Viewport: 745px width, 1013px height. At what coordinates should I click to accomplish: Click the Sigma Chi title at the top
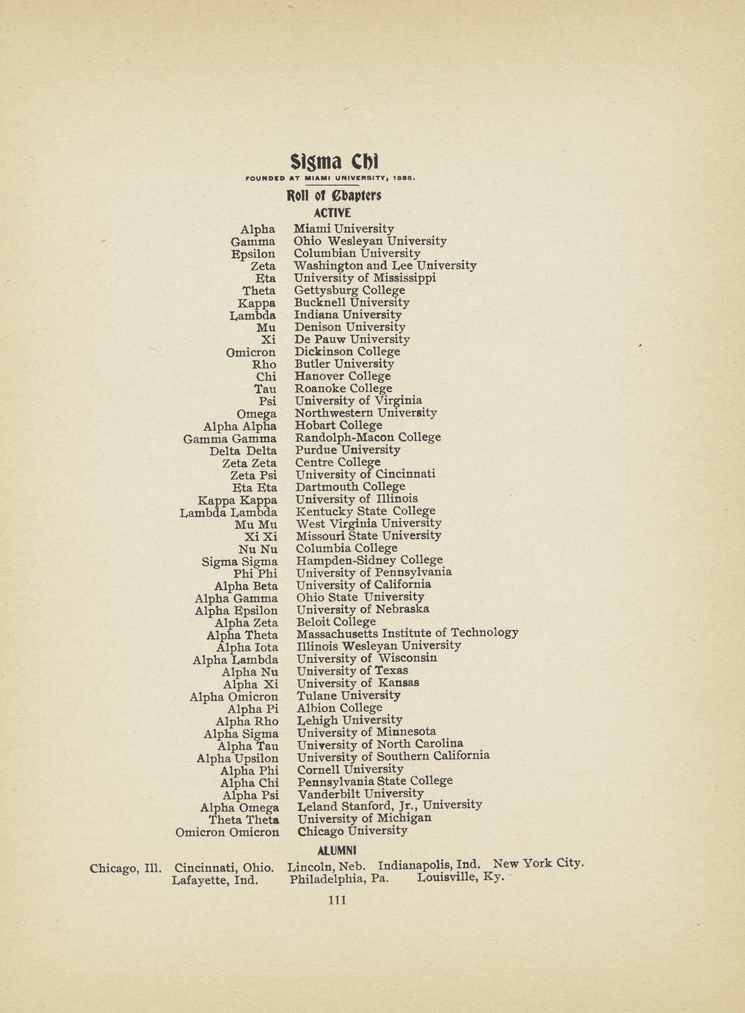(x=333, y=161)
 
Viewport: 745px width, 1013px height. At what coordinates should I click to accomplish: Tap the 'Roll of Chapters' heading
(x=333, y=196)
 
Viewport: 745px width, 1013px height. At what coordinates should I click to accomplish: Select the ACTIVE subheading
(x=333, y=213)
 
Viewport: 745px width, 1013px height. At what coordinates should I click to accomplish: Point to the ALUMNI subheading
(x=336, y=850)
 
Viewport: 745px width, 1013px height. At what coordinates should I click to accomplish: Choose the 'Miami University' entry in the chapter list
(x=344, y=229)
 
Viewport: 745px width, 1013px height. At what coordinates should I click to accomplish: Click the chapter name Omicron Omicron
(x=228, y=832)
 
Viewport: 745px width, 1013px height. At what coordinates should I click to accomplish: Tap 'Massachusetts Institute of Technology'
(x=407, y=633)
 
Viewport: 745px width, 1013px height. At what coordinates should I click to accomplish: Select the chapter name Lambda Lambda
(x=228, y=512)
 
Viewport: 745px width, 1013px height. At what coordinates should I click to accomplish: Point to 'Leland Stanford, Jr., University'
(x=389, y=805)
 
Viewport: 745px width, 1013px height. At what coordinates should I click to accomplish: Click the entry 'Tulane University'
(x=349, y=695)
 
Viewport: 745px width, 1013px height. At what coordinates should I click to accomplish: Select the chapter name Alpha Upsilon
(x=238, y=758)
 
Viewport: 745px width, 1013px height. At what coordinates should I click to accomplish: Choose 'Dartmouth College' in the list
(x=350, y=487)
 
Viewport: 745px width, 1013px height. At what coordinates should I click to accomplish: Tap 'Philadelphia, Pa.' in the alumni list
(x=338, y=878)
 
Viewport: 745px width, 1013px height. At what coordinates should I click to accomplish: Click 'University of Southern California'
(x=393, y=756)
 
